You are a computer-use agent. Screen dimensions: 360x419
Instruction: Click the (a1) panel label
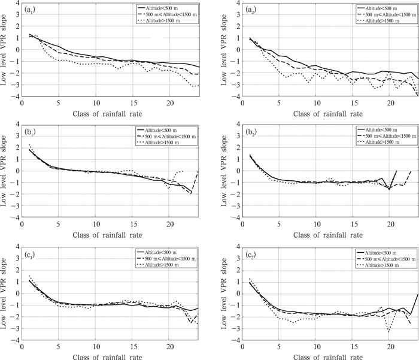tap(28, 10)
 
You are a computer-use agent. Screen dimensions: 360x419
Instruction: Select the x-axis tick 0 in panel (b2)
tap(238, 223)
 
